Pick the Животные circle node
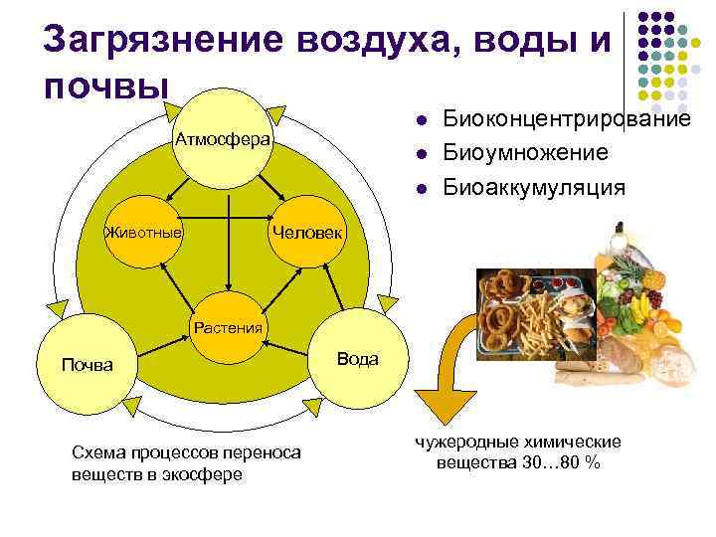click(x=145, y=232)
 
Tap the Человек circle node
click(x=307, y=232)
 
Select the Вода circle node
click(x=357, y=359)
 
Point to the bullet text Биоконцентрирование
click(x=567, y=120)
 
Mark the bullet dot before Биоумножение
click(x=422, y=154)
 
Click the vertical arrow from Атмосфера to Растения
click(x=229, y=239)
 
